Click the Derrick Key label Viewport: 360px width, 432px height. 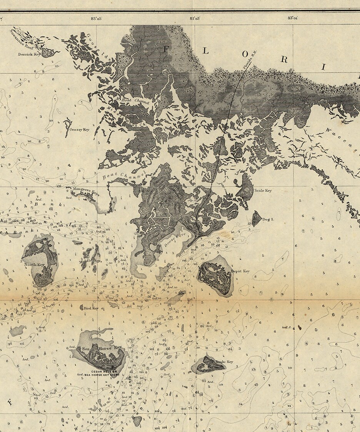click(x=29, y=55)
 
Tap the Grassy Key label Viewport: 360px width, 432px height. click(x=79, y=130)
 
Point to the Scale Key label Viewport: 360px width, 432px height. click(x=263, y=191)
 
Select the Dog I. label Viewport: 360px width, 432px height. click(x=268, y=219)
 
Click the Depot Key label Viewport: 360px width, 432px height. click(x=240, y=271)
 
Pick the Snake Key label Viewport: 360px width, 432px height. click(x=225, y=362)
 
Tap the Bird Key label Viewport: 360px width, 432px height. click(x=91, y=308)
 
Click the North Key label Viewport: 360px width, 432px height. click(x=34, y=265)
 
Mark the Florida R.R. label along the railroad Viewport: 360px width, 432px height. click(x=249, y=61)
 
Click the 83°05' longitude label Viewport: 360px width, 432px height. click(x=96, y=18)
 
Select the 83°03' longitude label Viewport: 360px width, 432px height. click(x=195, y=18)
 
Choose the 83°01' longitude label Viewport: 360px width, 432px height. click(x=293, y=18)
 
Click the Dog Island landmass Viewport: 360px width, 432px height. click(x=256, y=219)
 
